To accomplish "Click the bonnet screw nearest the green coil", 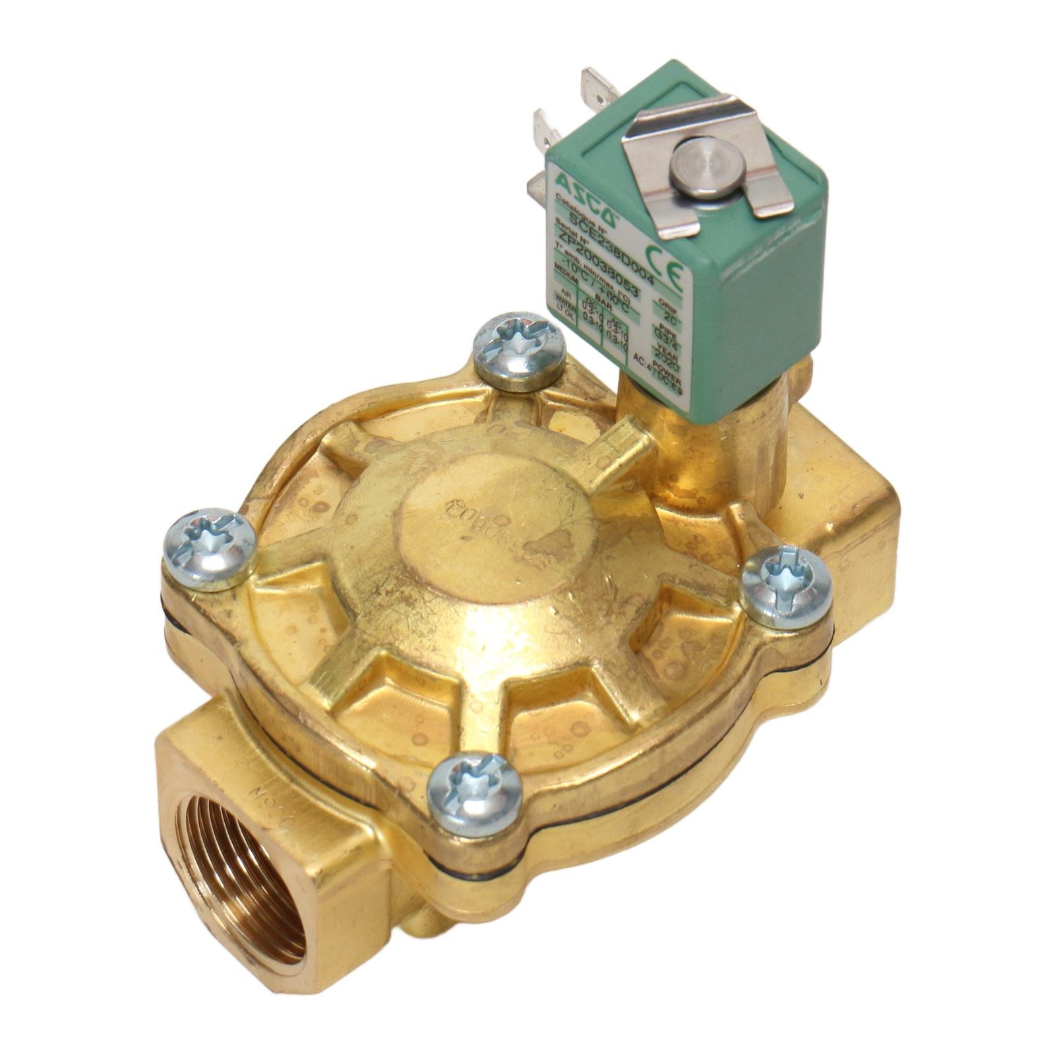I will point(520,347).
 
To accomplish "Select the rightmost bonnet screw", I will point(786,586).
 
